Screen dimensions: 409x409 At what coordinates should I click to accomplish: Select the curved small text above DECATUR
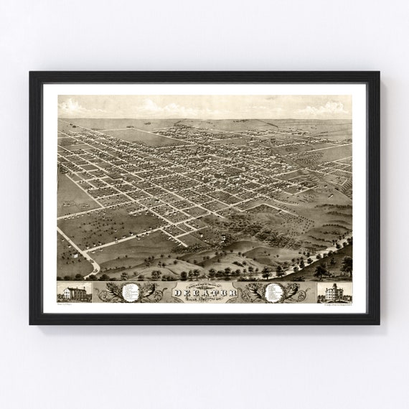(204, 285)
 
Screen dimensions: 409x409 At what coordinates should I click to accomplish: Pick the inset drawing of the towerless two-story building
(75, 292)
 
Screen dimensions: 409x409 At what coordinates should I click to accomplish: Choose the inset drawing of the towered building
(334, 292)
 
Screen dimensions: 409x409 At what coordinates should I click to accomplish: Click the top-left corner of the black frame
(31, 72)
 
